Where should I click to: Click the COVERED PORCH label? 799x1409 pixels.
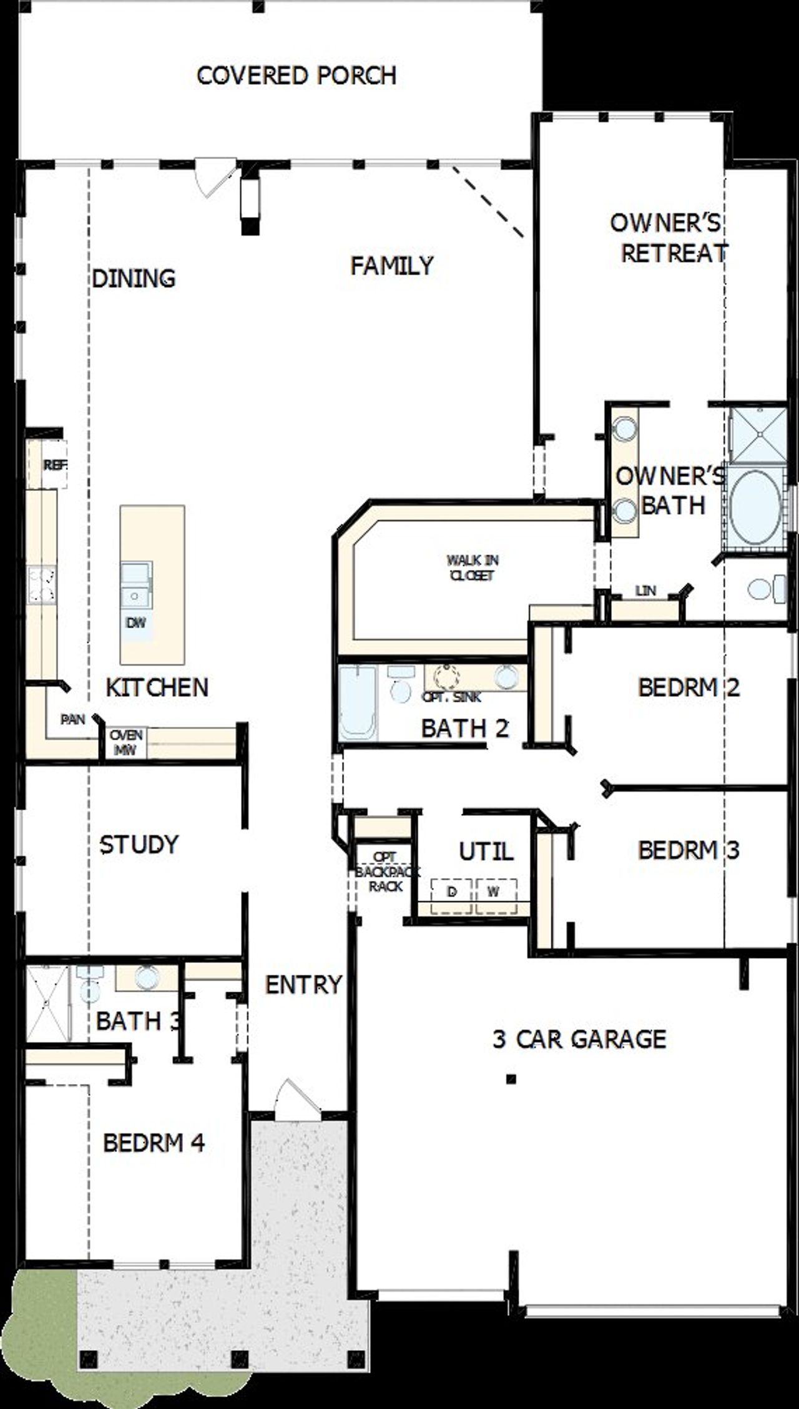pyautogui.click(x=297, y=75)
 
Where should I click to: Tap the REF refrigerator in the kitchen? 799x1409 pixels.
pyautogui.click(x=54, y=465)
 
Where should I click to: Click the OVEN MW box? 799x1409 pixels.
pyautogui.click(x=125, y=742)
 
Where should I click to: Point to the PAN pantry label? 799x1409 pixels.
pyautogui.click(x=72, y=719)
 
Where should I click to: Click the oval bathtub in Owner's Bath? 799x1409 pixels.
pyautogui.click(x=754, y=508)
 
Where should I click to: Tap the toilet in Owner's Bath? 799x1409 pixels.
pyautogui.click(x=767, y=588)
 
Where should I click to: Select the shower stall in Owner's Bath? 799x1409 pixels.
pyautogui.click(x=757, y=435)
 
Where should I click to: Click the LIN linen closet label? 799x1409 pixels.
pyautogui.click(x=645, y=590)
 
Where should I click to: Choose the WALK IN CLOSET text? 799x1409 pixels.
pyautogui.click(x=473, y=568)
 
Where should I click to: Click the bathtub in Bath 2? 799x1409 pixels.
pyautogui.click(x=358, y=703)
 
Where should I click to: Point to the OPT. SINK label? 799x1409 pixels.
pyautogui.click(x=452, y=697)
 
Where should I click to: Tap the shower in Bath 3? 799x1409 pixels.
pyautogui.click(x=46, y=1002)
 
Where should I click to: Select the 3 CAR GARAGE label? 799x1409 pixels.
pyautogui.click(x=579, y=1039)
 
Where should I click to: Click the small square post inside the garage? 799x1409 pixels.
pyautogui.click(x=511, y=1078)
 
